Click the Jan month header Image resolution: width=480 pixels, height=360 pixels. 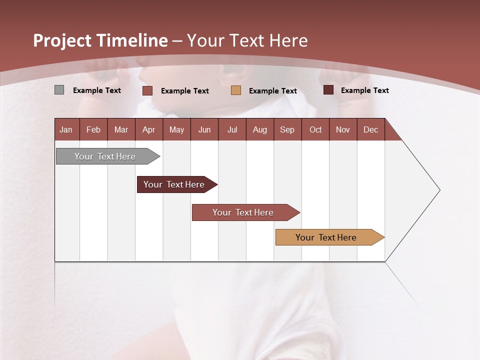(x=66, y=129)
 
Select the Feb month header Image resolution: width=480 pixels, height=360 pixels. (x=93, y=129)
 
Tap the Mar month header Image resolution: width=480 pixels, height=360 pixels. (x=121, y=129)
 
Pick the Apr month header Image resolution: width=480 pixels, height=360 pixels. (x=149, y=129)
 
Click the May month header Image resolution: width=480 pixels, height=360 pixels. (x=176, y=129)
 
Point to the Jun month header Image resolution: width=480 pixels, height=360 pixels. (x=204, y=129)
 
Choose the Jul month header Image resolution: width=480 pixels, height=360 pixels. (x=232, y=129)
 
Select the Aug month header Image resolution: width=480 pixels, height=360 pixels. (x=260, y=129)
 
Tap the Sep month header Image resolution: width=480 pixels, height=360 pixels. (x=287, y=129)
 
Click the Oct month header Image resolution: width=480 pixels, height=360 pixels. (x=315, y=129)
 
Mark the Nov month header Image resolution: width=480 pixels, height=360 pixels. (x=343, y=129)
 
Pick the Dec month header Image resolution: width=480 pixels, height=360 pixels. (x=371, y=129)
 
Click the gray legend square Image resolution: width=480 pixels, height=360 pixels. (x=59, y=90)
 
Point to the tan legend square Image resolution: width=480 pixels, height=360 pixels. (x=236, y=90)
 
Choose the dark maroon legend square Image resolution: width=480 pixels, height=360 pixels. (x=328, y=90)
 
